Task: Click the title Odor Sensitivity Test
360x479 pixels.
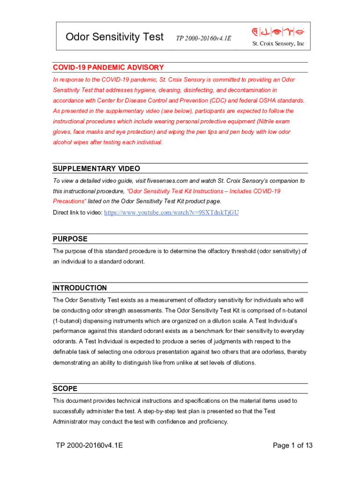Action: click(115, 36)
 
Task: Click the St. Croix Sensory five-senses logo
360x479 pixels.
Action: click(278, 32)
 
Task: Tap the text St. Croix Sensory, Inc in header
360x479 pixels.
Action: click(278, 44)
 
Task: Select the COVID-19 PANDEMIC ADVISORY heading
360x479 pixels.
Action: click(108, 67)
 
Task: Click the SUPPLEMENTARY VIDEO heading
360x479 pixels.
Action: click(96, 168)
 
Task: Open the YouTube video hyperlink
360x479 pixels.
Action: click(171, 212)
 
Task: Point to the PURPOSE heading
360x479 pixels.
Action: click(70, 239)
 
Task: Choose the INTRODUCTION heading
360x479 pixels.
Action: click(80, 288)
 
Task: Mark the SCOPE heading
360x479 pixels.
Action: click(65, 388)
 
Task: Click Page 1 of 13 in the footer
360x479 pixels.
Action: click(292, 445)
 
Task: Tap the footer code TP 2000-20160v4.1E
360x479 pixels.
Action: click(89, 445)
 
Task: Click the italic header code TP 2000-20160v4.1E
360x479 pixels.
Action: click(203, 38)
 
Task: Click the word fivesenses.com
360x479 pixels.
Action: click(167, 181)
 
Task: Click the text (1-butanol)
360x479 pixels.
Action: click(68, 321)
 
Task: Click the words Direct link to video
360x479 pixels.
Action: click(77, 213)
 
